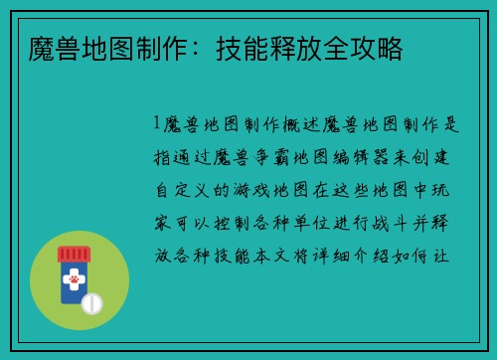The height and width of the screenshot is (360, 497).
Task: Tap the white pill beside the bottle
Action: tap(92, 300)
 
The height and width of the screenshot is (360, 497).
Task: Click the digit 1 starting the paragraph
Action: tap(156, 125)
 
